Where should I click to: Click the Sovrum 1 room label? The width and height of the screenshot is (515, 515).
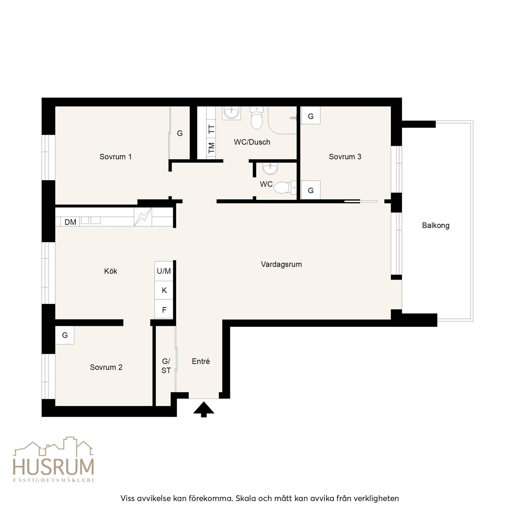tap(115, 157)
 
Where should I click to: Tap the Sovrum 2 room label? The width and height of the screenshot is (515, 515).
tap(106, 367)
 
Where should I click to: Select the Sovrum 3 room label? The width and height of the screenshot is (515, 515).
tap(345, 157)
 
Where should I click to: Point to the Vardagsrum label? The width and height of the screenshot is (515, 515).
tap(281, 265)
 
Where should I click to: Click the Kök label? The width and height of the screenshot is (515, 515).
tap(111, 271)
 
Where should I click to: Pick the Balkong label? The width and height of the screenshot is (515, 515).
tap(436, 226)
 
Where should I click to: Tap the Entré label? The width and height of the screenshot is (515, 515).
tap(201, 361)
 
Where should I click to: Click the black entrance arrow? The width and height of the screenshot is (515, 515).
tap(204, 409)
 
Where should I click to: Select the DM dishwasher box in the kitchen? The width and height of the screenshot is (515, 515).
tap(70, 222)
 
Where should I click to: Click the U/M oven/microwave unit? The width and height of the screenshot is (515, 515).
tap(164, 271)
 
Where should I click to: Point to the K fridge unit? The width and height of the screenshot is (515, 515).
tap(164, 290)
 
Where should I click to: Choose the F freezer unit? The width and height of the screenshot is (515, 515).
tap(164, 309)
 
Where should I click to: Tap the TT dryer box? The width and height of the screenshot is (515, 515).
tap(211, 129)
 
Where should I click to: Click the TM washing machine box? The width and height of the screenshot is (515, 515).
tap(211, 148)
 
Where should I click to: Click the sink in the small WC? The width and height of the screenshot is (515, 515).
tap(270, 168)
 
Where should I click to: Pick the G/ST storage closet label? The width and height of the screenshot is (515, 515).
tap(166, 366)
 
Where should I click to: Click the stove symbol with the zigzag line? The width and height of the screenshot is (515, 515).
tap(143, 217)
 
